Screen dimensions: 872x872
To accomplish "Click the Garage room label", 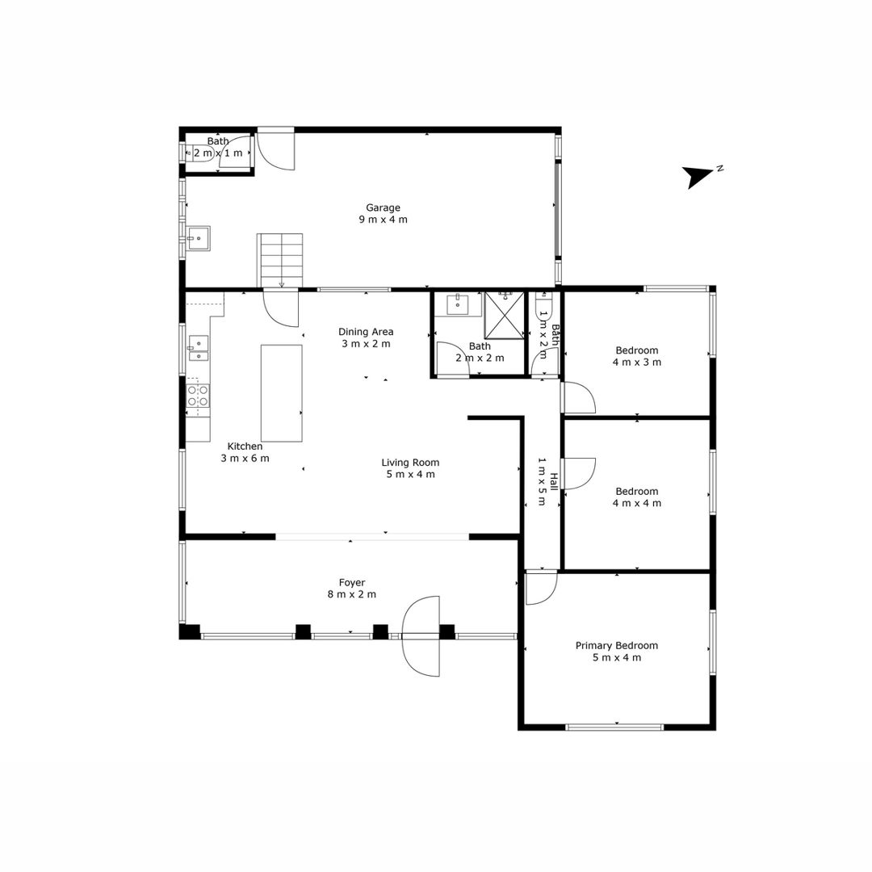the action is (383, 208).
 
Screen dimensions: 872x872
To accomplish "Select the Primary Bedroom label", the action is (616, 646).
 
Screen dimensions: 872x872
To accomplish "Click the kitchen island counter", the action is (282, 393).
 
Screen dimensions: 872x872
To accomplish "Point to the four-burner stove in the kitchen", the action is (198, 395).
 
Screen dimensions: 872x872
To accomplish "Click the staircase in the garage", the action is (279, 260).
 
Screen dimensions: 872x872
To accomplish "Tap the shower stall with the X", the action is (505, 315).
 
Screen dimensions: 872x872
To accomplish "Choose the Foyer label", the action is (352, 582).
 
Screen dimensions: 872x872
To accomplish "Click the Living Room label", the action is (410, 462).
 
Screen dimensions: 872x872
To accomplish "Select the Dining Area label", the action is (366, 332).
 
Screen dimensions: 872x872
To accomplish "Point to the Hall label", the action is (553, 482).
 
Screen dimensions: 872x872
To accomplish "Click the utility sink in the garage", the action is (199, 238).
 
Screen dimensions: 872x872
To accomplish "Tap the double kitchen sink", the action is (199, 348).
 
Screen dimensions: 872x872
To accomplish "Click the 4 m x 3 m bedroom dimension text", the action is (637, 362).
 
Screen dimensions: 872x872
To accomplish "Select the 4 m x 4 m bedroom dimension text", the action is (637, 503).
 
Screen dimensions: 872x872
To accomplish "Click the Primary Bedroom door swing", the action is (541, 589).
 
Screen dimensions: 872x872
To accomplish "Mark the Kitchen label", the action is (245, 446).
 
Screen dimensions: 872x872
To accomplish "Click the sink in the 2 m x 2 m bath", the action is (458, 304).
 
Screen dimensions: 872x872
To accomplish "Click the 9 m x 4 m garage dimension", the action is (383, 220).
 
